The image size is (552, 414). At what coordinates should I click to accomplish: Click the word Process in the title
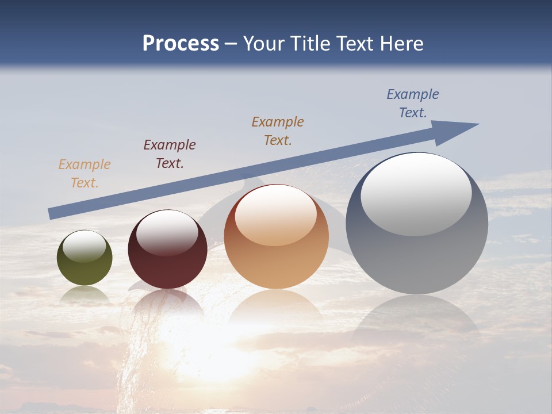point(181,44)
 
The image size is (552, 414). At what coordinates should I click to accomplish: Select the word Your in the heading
point(265,44)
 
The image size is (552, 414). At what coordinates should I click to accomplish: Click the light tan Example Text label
point(85,174)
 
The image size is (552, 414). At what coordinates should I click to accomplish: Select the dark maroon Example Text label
point(170,154)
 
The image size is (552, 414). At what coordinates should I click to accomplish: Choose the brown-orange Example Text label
point(278,131)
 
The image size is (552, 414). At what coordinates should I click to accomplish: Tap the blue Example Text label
point(413,103)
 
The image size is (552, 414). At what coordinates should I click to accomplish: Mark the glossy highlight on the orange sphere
point(276,216)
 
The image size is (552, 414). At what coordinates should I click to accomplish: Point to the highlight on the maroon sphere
point(167,232)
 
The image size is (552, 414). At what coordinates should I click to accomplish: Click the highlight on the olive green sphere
point(85,246)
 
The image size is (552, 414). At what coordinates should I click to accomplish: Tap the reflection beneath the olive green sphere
point(85,294)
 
